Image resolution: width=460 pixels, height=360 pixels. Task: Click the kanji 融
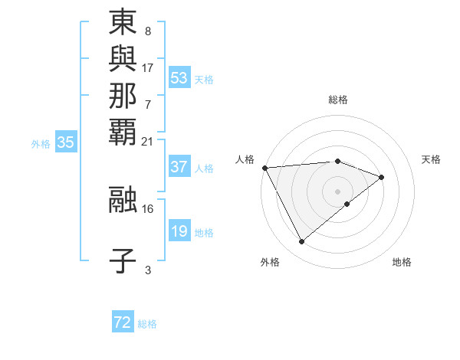click(x=123, y=198)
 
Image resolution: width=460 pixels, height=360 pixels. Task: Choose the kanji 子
click(x=123, y=260)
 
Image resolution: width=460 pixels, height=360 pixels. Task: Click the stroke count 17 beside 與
click(x=148, y=67)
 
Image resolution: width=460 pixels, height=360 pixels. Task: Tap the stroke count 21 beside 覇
click(x=148, y=141)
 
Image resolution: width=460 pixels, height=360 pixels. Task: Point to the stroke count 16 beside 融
click(x=148, y=208)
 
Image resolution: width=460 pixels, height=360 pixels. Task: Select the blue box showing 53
click(x=179, y=77)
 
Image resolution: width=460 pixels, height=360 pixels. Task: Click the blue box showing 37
click(x=179, y=166)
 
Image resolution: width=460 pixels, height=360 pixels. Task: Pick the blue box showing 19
click(x=179, y=231)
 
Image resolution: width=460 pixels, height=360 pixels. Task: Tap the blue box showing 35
click(x=66, y=142)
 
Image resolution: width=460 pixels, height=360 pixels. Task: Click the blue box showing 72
click(x=123, y=322)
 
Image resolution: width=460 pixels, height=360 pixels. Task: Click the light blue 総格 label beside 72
click(x=147, y=324)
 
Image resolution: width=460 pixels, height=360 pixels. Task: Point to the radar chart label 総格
click(x=337, y=100)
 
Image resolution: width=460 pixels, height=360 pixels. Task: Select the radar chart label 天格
click(x=431, y=159)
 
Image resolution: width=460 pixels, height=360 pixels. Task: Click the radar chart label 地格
click(x=402, y=262)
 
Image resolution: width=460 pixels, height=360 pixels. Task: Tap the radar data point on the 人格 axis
click(x=264, y=167)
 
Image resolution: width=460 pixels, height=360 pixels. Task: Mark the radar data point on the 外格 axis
click(x=301, y=241)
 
